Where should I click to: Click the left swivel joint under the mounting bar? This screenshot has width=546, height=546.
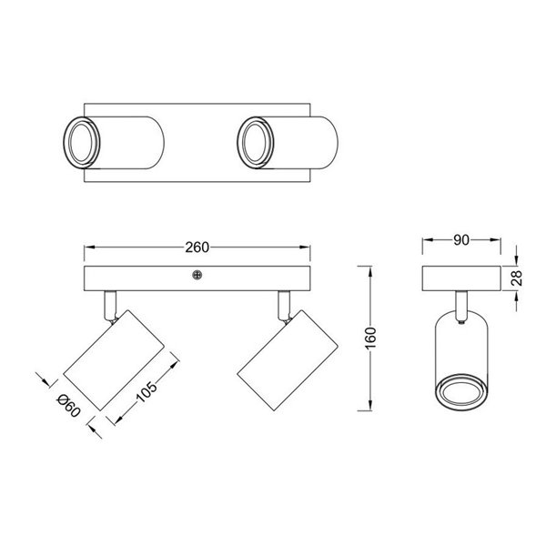click(x=111, y=307)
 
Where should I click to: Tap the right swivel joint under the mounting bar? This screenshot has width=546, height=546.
click(x=284, y=307)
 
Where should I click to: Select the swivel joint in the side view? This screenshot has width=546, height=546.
click(x=462, y=308)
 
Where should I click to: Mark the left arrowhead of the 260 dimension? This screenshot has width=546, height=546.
click(x=87, y=248)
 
